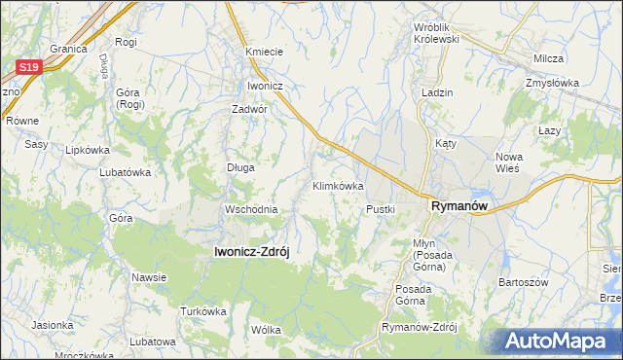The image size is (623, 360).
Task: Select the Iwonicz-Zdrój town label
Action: click(x=252, y=250)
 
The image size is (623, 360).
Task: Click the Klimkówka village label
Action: click(x=337, y=185)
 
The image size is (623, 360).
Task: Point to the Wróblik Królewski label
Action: click(x=436, y=34)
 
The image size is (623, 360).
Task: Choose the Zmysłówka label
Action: click(x=551, y=83)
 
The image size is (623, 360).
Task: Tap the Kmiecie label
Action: click(x=264, y=52)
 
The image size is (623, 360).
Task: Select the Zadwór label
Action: click(x=249, y=109)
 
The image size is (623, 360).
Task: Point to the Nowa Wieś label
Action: click(x=509, y=162)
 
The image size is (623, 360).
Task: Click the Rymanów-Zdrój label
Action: click(x=420, y=327)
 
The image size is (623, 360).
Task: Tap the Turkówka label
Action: click(x=202, y=311)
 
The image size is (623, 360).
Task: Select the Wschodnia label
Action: click(x=251, y=209)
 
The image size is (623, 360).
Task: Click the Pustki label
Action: click(x=380, y=209)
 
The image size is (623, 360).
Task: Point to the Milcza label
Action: click(x=549, y=58)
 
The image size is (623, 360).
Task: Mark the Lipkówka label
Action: click(x=87, y=151)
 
